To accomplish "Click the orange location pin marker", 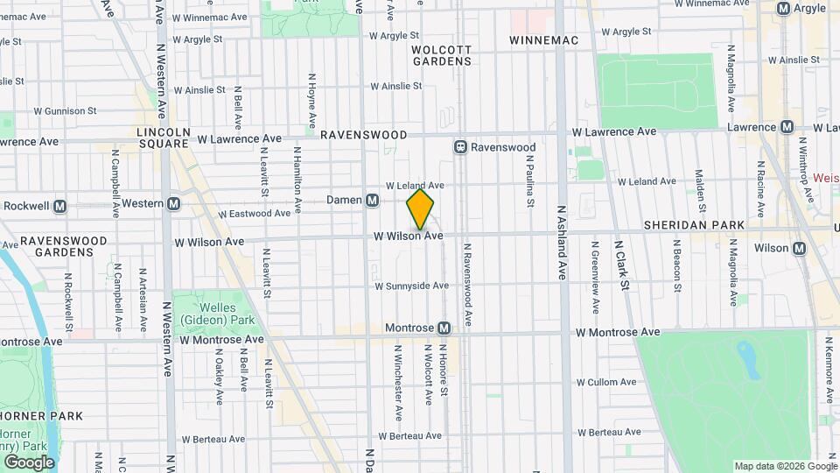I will click(x=420, y=210).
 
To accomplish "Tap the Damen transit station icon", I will click(x=373, y=201).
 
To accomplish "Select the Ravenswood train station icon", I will click(x=459, y=147).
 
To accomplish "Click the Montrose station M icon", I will click(x=444, y=328).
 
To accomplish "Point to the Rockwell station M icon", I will click(x=60, y=207).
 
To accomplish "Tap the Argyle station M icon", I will click(x=785, y=8).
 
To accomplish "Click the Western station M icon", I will click(x=173, y=204).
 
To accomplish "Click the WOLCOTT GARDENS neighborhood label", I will click(x=442, y=55).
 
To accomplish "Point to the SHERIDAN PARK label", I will click(x=694, y=225).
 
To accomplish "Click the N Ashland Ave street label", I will click(x=563, y=252).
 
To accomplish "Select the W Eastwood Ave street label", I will click(x=254, y=213).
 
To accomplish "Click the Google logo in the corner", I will click(x=29, y=462).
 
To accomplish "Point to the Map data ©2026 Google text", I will click(x=784, y=466).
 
